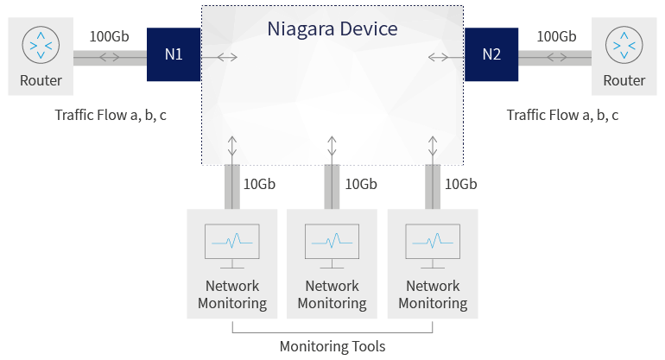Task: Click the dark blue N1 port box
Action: point(174,54)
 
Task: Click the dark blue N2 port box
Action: point(491,54)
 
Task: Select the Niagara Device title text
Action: point(332,28)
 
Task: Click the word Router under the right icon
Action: point(624,81)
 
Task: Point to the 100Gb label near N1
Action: point(109,36)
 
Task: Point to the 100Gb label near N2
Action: point(556,36)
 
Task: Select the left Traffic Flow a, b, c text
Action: point(111,115)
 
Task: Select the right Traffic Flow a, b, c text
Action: point(562,115)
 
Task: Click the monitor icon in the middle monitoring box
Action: point(332,242)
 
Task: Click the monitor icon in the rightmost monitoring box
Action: point(432,242)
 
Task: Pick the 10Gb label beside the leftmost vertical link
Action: point(260,184)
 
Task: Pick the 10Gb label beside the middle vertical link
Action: point(361,184)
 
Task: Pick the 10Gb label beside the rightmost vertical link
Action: point(460,184)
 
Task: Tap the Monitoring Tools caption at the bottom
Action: point(332,346)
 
